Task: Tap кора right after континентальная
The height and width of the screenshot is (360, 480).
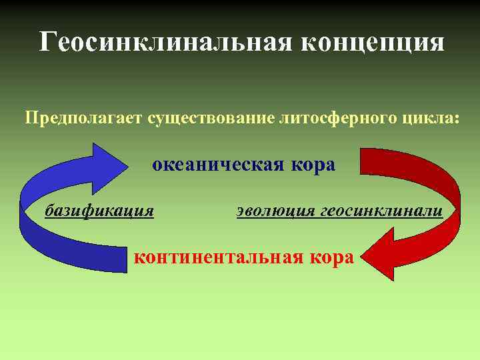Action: pos(331,257)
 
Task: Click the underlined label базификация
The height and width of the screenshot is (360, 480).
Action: pos(99,211)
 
